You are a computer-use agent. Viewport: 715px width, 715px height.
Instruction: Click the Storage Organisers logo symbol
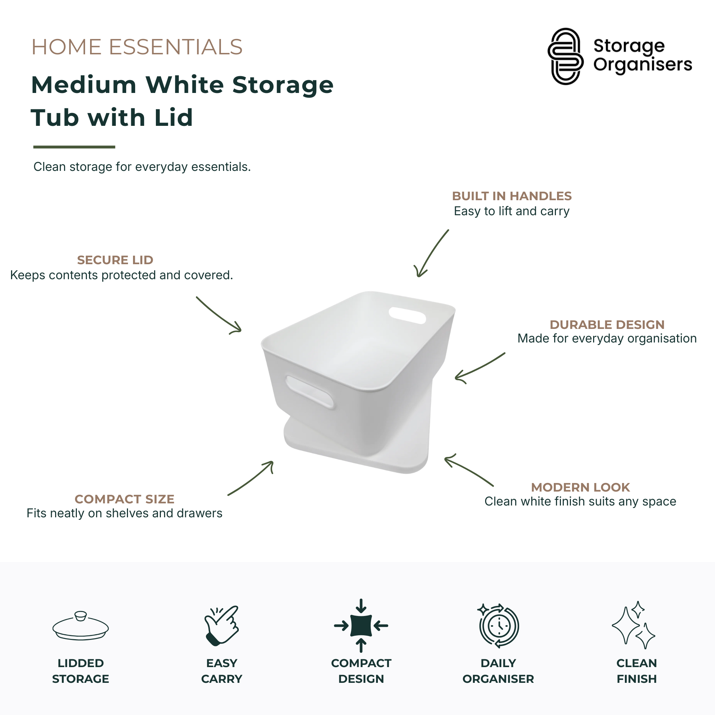pos(565,56)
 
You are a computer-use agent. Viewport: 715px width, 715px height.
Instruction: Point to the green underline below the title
pos(74,147)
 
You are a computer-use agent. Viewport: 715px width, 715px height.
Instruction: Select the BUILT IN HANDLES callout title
pos(512,196)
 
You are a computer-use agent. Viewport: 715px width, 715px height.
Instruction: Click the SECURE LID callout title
pos(115,260)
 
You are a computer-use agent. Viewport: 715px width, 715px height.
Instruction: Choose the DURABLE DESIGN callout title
pos(607,325)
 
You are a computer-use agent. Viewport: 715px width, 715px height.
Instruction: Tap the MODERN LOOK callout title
pos(580,487)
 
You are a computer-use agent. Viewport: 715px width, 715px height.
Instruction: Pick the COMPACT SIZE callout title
pos(124,499)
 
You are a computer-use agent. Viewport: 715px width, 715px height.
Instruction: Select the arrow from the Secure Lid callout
pos(218,315)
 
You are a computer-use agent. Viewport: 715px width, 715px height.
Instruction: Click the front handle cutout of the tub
pos(310,392)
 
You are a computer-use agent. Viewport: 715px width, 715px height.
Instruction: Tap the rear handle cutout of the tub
pos(407,315)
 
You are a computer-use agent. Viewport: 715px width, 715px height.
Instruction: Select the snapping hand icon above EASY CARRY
pos(222,625)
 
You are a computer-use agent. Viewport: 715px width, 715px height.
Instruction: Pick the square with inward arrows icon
pos(361,625)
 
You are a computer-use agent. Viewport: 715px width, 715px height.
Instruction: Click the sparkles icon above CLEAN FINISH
pos(633,625)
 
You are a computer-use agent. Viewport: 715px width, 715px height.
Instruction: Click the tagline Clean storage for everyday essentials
pos(142,167)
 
